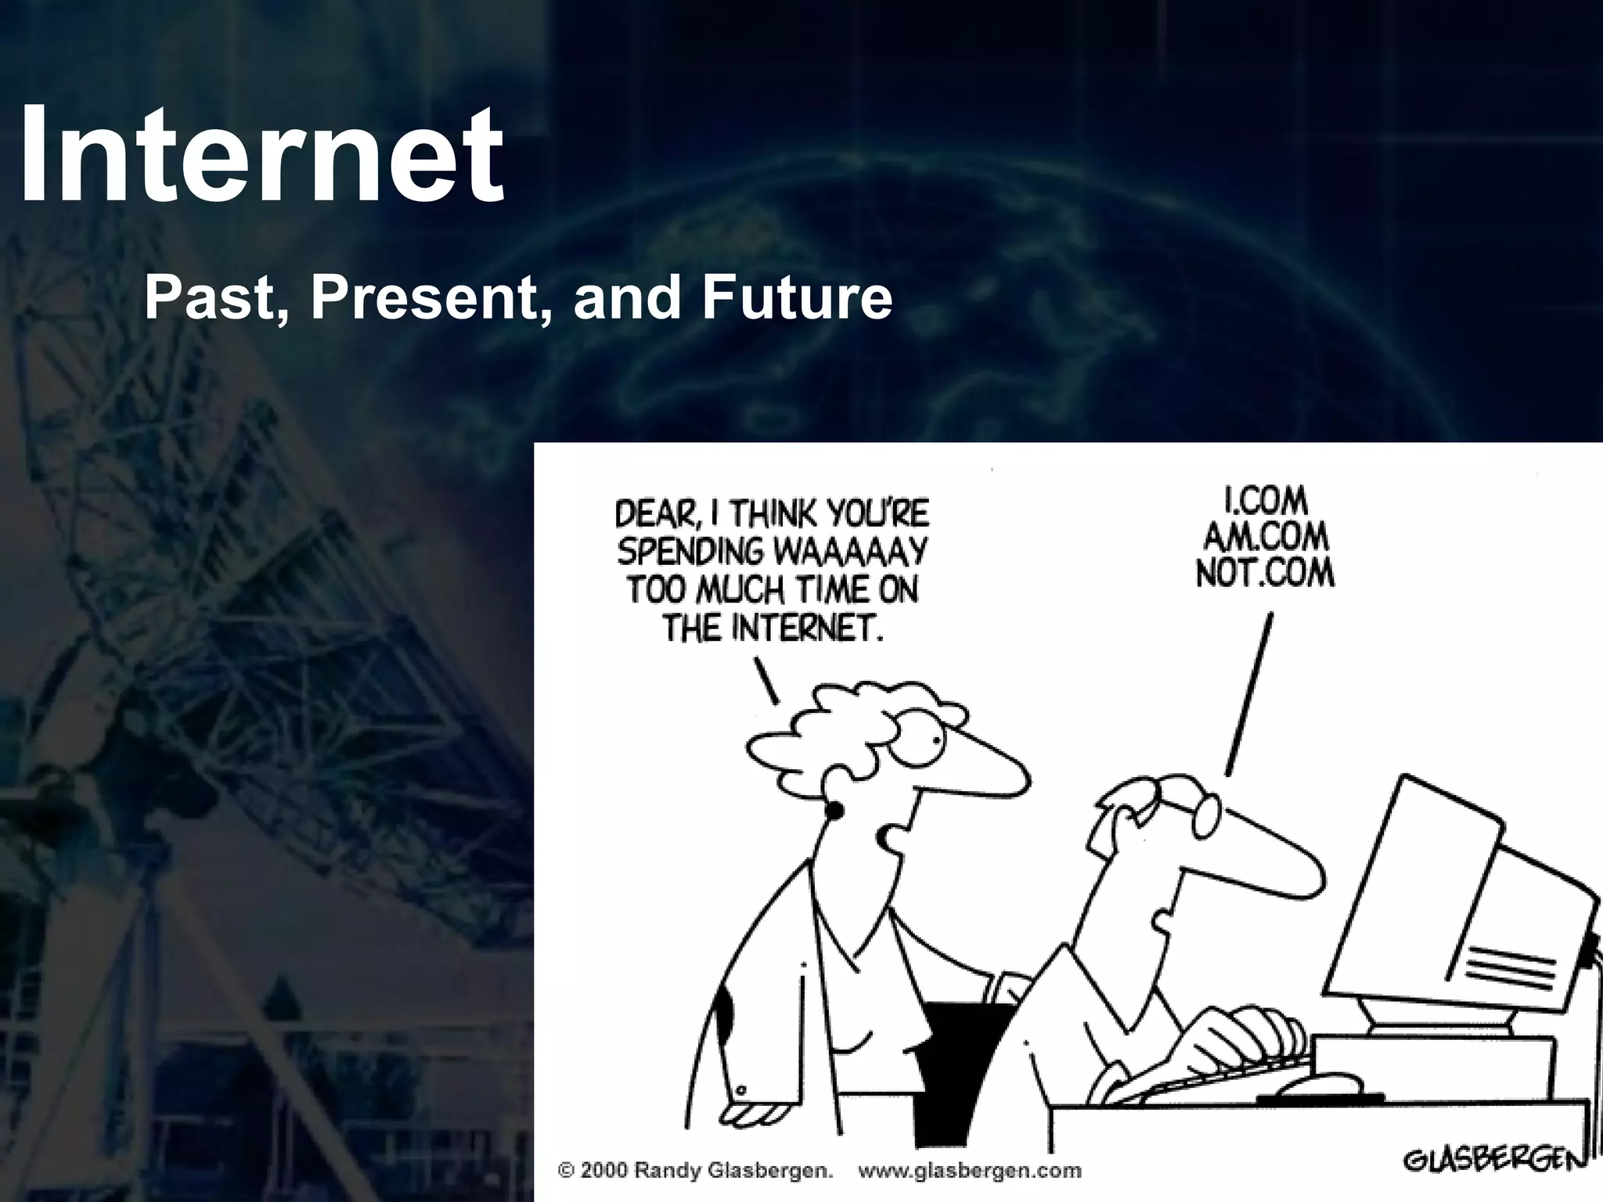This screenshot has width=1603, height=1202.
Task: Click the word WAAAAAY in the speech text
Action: (x=849, y=552)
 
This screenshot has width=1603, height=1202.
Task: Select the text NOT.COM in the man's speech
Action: (x=1265, y=574)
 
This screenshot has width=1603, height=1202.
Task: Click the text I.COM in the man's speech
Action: (x=1265, y=499)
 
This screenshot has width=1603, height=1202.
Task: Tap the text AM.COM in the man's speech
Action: (x=1265, y=537)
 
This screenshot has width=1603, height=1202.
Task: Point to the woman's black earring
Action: (x=833, y=812)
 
